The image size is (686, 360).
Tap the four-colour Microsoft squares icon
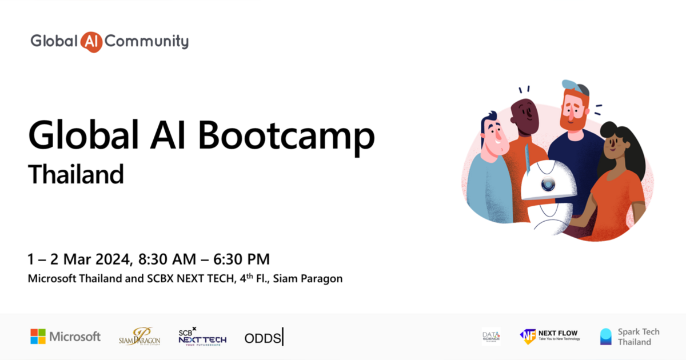pyautogui.click(x=38, y=337)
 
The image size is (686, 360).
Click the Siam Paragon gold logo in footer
pyautogui.click(x=139, y=337)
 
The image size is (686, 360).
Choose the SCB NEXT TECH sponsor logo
pyautogui.click(x=202, y=337)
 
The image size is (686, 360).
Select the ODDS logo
pyautogui.click(x=263, y=338)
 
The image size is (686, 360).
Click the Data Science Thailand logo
pyautogui.click(x=490, y=337)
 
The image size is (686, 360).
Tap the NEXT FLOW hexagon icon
pyautogui.click(x=528, y=337)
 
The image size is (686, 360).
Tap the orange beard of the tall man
pyautogui.click(x=572, y=120)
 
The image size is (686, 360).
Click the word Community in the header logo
pyautogui.click(x=147, y=41)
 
